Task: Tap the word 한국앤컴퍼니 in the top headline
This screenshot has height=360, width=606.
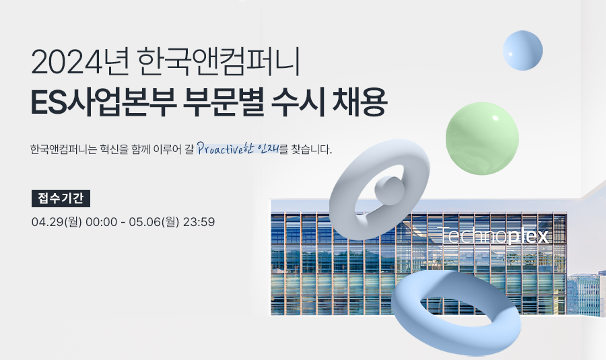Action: (219, 62)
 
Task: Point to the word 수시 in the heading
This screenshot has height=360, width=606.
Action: (298, 102)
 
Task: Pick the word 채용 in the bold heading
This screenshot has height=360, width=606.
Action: (359, 102)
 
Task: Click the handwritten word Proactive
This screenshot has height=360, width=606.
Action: (220, 148)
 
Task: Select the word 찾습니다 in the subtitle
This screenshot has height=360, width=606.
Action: (312, 149)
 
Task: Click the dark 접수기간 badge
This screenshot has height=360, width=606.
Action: (61, 198)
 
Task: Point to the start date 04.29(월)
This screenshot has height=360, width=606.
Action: (57, 222)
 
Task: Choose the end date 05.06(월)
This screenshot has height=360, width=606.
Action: (154, 222)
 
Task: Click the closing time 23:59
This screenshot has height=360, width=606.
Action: (199, 222)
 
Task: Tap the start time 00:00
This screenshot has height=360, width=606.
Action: (101, 222)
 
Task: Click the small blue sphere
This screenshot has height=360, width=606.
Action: (523, 50)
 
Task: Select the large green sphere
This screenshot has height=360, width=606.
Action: (482, 139)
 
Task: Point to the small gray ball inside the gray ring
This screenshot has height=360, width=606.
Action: (389, 191)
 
